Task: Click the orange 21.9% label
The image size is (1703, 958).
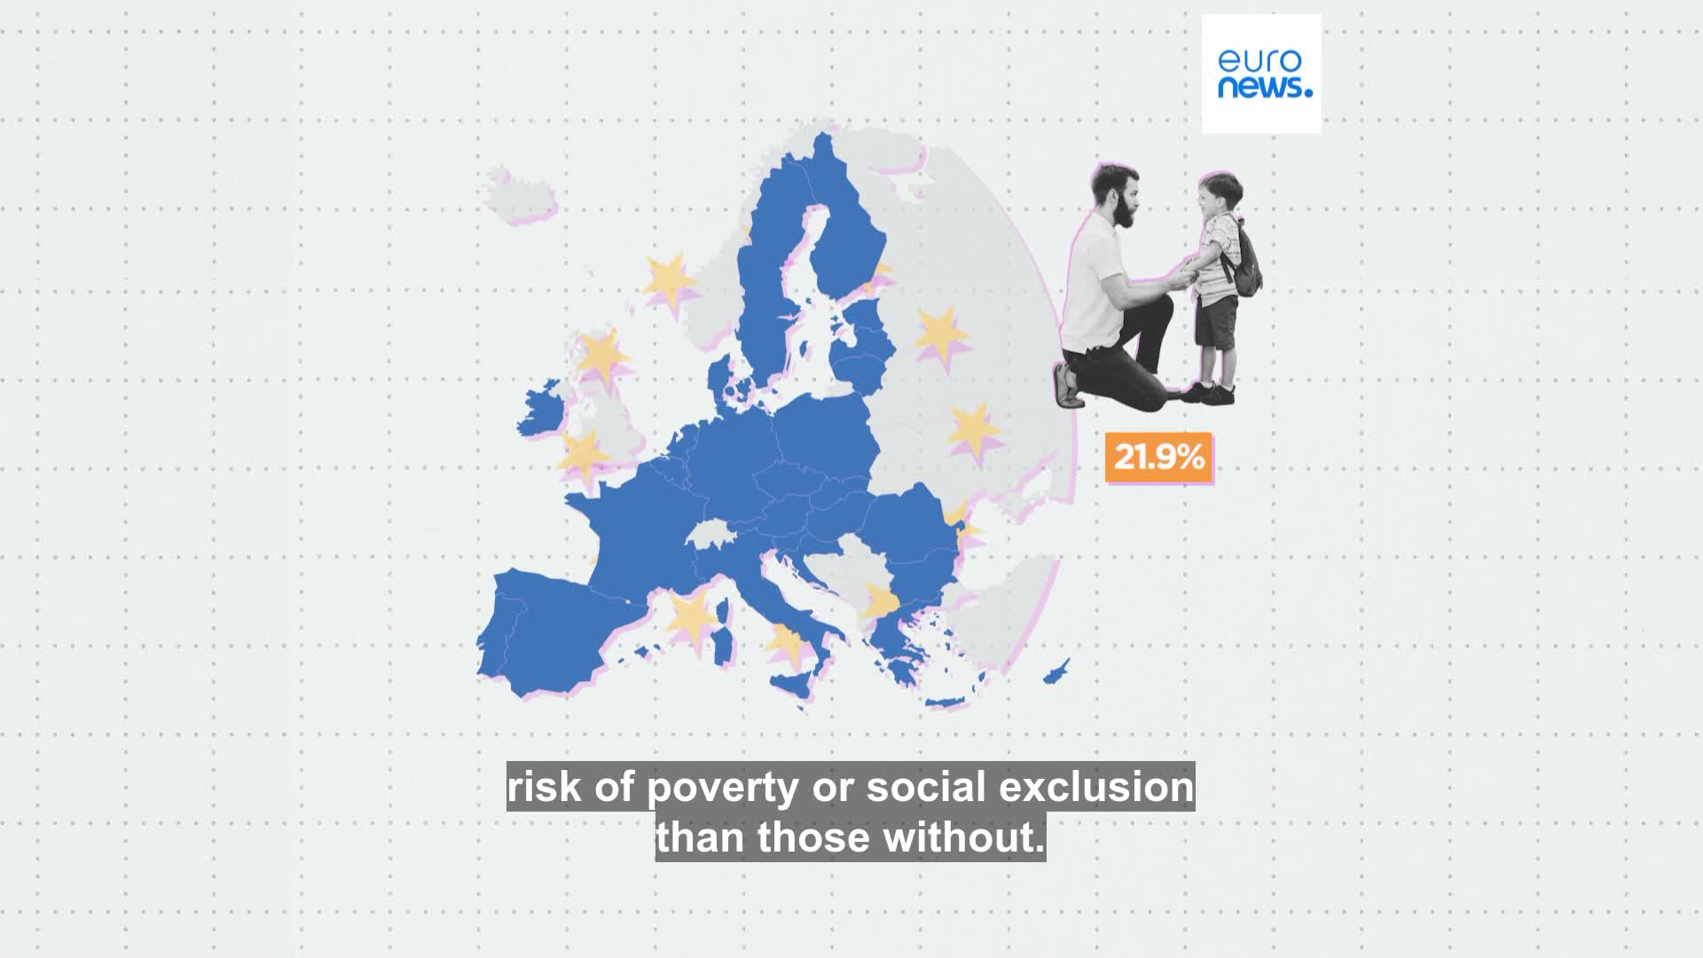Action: [1158, 458]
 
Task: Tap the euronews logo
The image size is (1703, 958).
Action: [1260, 74]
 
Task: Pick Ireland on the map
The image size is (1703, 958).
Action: [543, 416]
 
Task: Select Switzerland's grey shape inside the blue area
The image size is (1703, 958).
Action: [709, 535]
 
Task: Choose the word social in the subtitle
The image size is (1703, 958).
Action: [923, 787]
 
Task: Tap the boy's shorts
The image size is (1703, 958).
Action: [1214, 321]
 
